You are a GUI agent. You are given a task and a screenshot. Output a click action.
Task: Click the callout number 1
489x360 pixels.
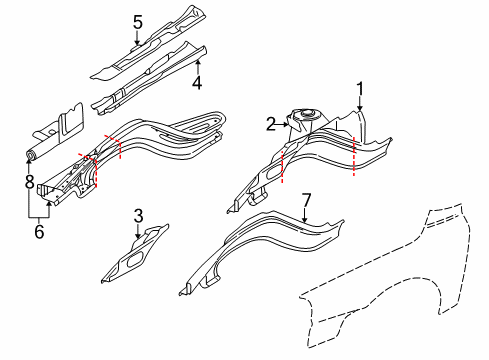tap(361, 87)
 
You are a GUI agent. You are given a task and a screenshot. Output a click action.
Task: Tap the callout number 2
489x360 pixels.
tap(270, 123)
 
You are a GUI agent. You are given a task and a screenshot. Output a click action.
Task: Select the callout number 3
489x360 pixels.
tap(138, 214)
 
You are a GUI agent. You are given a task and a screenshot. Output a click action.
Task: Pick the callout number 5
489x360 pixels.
tap(138, 20)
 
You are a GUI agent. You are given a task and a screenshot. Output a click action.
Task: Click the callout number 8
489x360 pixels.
tap(28, 181)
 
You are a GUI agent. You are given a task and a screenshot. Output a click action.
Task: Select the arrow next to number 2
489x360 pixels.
tap(283, 124)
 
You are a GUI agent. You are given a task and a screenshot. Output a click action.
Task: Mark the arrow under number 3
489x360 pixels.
tap(138, 229)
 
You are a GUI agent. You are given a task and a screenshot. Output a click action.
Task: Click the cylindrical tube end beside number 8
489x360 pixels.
tap(32, 155)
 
